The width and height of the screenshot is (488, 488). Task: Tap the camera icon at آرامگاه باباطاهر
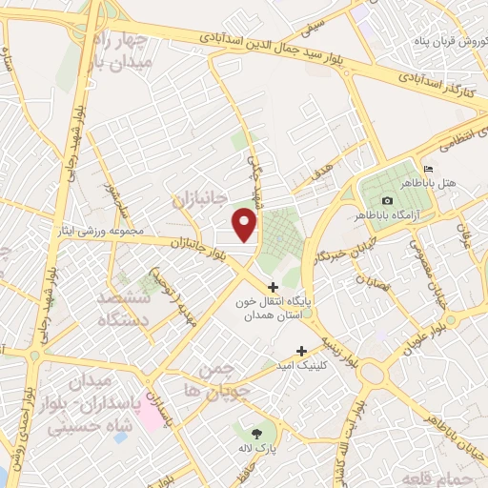[x=387, y=200]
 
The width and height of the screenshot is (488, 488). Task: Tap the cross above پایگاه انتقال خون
[x=273, y=286]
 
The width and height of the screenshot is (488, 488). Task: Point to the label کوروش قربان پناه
[x=442, y=44]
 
